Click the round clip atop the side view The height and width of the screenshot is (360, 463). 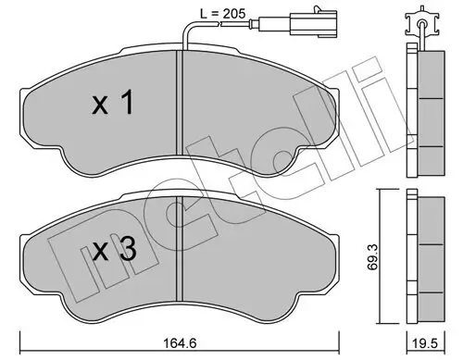coord(422,19)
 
